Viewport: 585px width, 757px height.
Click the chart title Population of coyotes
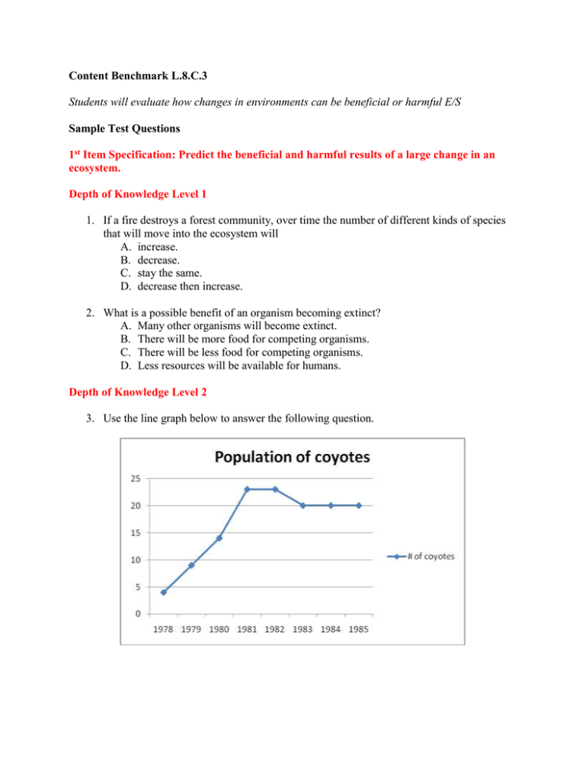pos(292,458)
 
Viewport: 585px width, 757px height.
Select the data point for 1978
pos(163,592)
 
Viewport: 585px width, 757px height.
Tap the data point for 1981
pos(247,489)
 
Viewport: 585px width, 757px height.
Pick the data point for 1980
pos(219,538)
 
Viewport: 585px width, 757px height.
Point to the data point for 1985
pos(359,505)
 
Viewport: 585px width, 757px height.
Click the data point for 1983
pos(302,505)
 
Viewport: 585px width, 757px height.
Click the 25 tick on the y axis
pos(133,478)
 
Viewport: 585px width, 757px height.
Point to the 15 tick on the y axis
pos(133,532)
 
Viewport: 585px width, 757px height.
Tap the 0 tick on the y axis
pos(136,613)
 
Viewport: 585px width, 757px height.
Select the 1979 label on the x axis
pos(191,628)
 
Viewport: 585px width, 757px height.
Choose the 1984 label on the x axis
pos(331,628)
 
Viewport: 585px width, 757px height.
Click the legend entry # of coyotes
pos(420,556)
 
